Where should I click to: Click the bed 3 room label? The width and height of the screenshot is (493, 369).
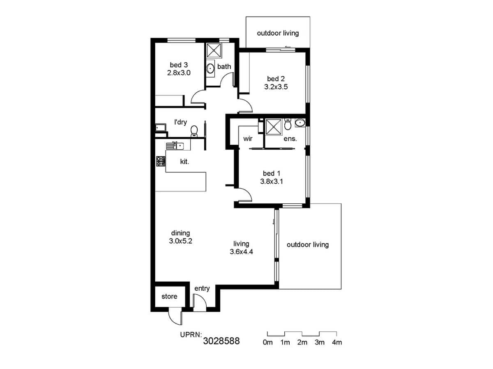pyautogui.click(x=179, y=65)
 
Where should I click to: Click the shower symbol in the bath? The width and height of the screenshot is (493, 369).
pyautogui.click(x=214, y=51)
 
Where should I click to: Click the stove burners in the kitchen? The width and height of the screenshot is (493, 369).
pyautogui.click(x=161, y=161)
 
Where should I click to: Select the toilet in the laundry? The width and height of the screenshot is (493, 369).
pyautogui.click(x=194, y=131)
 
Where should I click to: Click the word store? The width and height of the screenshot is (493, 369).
pyautogui.click(x=169, y=296)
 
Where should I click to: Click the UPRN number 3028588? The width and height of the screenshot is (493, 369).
pyautogui.click(x=221, y=341)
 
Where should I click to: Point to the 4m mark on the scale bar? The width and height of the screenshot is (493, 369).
pyautogui.click(x=336, y=342)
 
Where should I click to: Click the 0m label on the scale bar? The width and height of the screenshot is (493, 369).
pyautogui.click(x=267, y=342)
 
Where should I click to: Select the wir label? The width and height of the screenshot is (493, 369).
pyautogui.click(x=248, y=139)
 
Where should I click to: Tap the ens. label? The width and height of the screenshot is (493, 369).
pyautogui.click(x=290, y=139)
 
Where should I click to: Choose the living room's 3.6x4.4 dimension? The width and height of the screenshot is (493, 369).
pyautogui.click(x=241, y=252)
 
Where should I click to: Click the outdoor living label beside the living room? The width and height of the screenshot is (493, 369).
pyautogui.click(x=308, y=245)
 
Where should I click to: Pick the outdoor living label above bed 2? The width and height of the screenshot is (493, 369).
pyautogui.click(x=278, y=33)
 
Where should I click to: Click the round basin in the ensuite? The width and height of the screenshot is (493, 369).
pyautogui.click(x=300, y=122)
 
